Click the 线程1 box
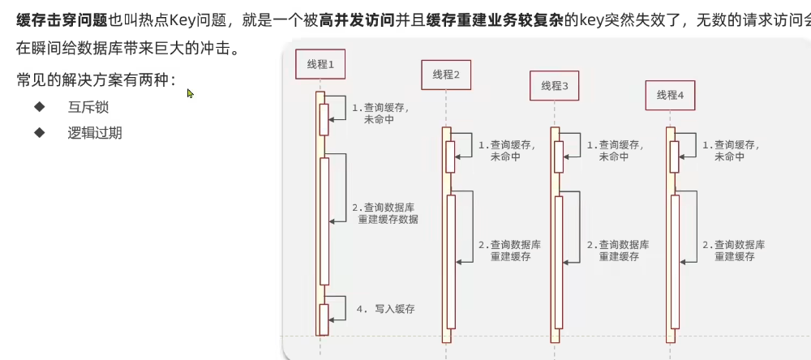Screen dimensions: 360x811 [x=320, y=63]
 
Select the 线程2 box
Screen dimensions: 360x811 [x=446, y=75]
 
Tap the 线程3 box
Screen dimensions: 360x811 [x=555, y=85]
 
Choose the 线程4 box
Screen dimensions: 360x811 [x=671, y=95]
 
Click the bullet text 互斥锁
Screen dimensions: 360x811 [x=88, y=107]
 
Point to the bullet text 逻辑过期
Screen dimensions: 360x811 [x=95, y=133]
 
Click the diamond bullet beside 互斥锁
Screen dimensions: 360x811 [x=39, y=107]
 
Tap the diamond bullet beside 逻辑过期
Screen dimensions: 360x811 [x=39, y=132]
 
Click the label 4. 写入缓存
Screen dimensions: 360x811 [x=385, y=308]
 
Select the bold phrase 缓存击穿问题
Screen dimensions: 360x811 [x=62, y=20]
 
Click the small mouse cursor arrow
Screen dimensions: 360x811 [x=190, y=93]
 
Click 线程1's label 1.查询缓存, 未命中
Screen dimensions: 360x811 [x=380, y=113]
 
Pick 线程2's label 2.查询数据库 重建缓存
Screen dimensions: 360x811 [x=509, y=250]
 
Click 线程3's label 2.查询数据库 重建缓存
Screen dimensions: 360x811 [x=618, y=250]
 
